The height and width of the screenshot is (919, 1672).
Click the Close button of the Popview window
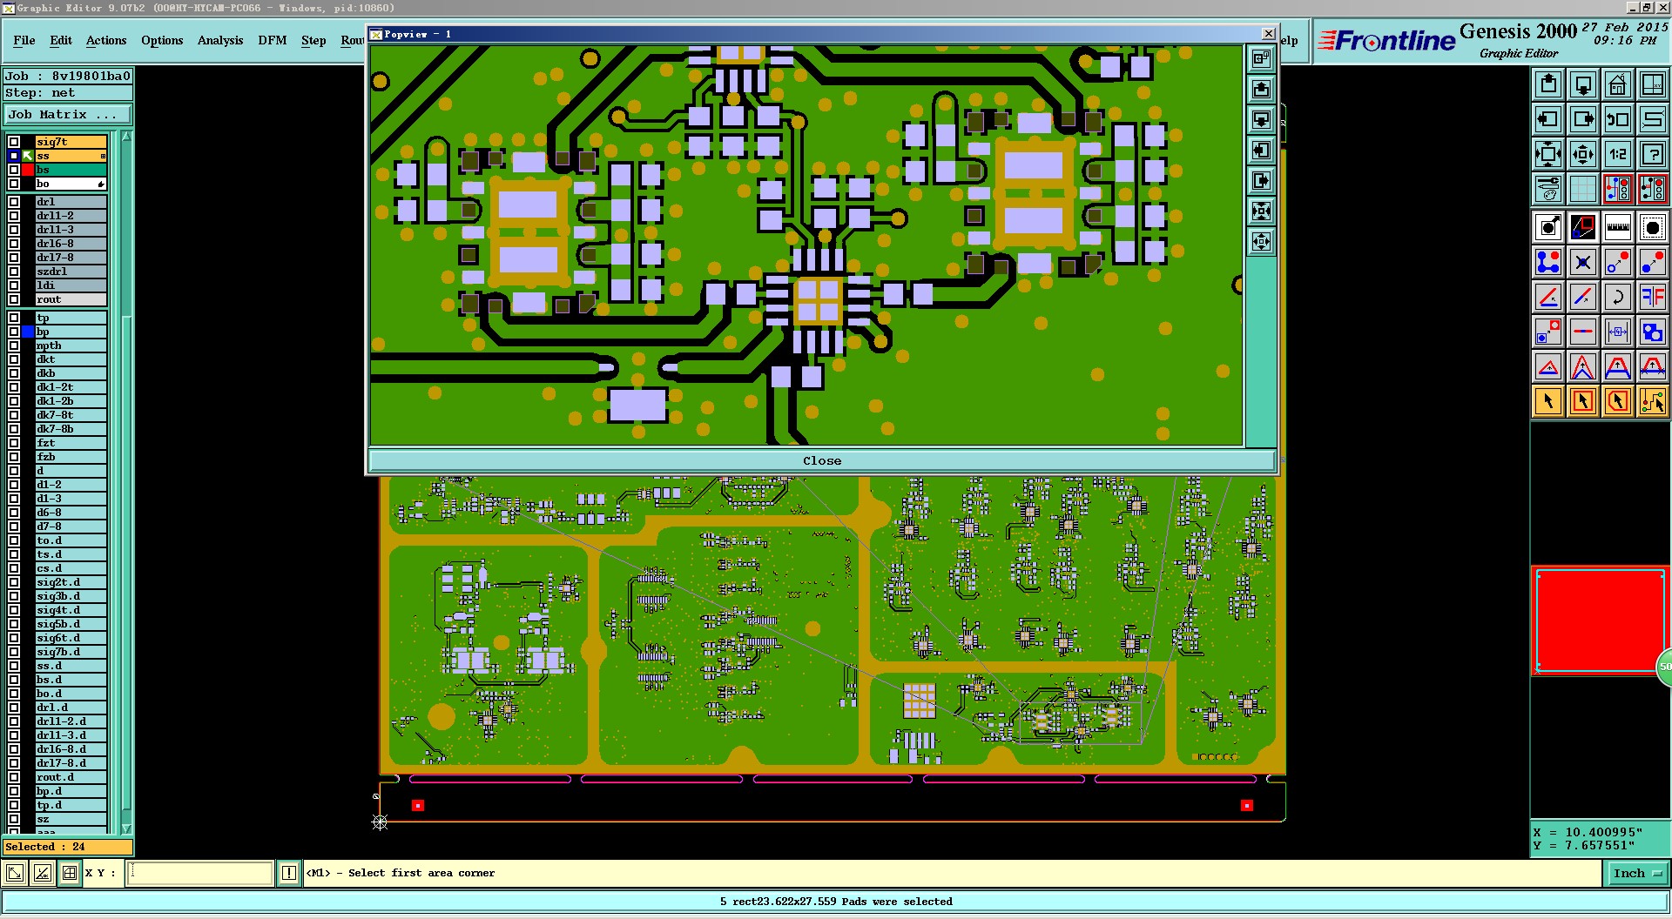tap(821, 461)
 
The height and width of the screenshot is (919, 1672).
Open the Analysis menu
tap(219, 41)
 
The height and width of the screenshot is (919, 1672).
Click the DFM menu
tap(272, 41)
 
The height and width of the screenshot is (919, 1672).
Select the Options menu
tap(162, 41)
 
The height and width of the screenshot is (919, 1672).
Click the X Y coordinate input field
tap(200, 873)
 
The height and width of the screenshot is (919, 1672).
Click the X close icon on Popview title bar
tap(1268, 34)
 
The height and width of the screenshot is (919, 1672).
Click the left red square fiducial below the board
tap(418, 806)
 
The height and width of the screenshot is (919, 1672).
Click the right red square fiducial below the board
tap(1247, 806)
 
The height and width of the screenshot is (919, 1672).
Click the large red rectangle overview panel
tap(1599, 620)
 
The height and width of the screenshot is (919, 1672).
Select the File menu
tap(24, 41)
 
